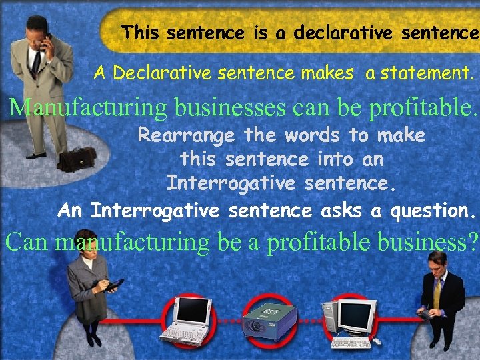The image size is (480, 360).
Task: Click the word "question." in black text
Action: click(x=433, y=211)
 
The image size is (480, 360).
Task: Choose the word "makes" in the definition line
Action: click(x=327, y=73)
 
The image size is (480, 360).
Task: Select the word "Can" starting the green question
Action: click(x=27, y=242)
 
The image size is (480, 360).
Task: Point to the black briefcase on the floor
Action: click(x=77, y=159)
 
